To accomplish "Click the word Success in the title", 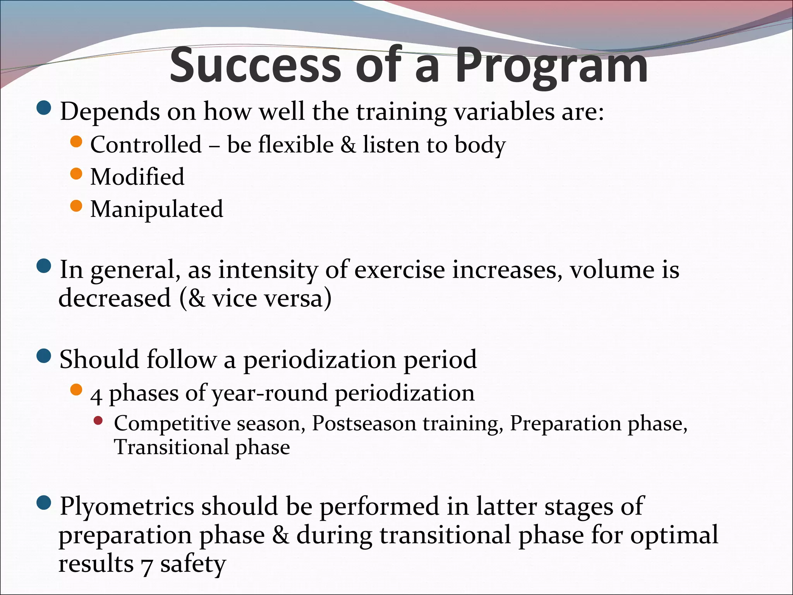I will (256, 65).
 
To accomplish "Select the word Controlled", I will (146, 145).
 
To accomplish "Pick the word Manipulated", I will (156, 209).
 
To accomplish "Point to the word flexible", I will (296, 145).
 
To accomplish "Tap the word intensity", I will (268, 270).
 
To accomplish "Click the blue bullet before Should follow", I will (44, 356).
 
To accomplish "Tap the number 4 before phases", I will (96, 395).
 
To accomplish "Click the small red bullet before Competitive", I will (98, 421).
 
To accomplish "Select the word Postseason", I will (364, 423).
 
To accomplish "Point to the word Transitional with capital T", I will (172, 447).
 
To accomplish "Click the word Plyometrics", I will (127, 507).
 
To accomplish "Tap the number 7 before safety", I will (147, 565).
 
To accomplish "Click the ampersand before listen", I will (348, 145).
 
